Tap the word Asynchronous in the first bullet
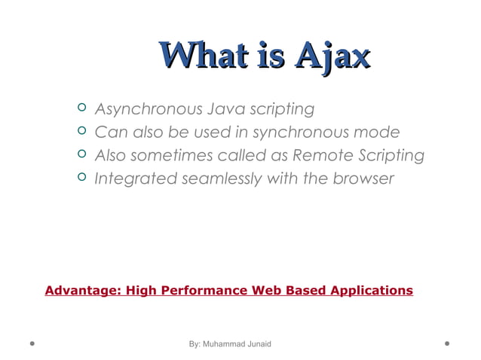coord(143,109)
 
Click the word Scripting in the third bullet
coord(389,156)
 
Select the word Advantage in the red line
coord(81,290)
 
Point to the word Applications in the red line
coord(369,290)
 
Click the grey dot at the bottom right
coord(447,343)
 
